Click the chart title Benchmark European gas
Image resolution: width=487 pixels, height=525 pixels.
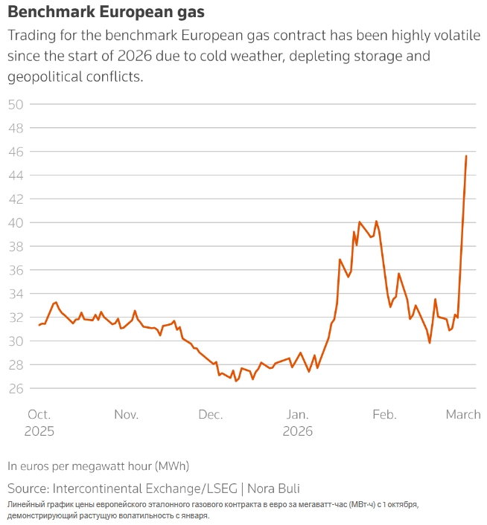(x=106, y=13)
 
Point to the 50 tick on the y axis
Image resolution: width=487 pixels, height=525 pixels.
(x=16, y=104)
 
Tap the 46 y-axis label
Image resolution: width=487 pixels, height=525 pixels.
(x=16, y=152)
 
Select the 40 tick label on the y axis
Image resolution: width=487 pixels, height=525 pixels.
(x=16, y=223)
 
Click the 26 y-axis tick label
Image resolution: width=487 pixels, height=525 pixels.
(x=16, y=389)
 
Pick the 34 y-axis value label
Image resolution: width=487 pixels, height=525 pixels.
(x=16, y=294)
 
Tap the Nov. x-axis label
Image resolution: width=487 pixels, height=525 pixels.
(x=126, y=415)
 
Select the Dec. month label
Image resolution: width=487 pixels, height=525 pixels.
(x=211, y=415)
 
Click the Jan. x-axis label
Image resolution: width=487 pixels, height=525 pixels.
(x=297, y=415)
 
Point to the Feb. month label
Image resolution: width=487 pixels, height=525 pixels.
(x=385, y=415)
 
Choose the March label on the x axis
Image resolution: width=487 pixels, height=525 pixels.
(x=463, y=415)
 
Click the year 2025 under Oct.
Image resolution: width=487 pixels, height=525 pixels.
(x=39, y=431)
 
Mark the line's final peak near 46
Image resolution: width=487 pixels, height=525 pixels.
(x=466, y=155)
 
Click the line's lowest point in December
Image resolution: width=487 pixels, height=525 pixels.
(x=237, y=381)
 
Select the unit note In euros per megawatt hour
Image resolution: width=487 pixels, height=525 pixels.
(x=98, y=466)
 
